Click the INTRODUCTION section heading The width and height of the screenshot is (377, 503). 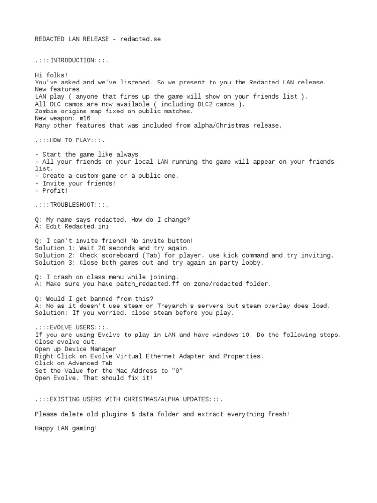[71, 60]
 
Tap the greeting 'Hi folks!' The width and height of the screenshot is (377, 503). [51, 75]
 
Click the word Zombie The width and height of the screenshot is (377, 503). [46, 112]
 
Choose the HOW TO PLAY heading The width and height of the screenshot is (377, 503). [71, 140]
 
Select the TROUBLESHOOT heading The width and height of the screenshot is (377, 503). [71, 205]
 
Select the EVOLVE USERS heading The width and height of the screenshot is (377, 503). [71, 327]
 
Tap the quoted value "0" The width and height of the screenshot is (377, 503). [177, 371]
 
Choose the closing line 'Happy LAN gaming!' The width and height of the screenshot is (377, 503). [66, 428]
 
